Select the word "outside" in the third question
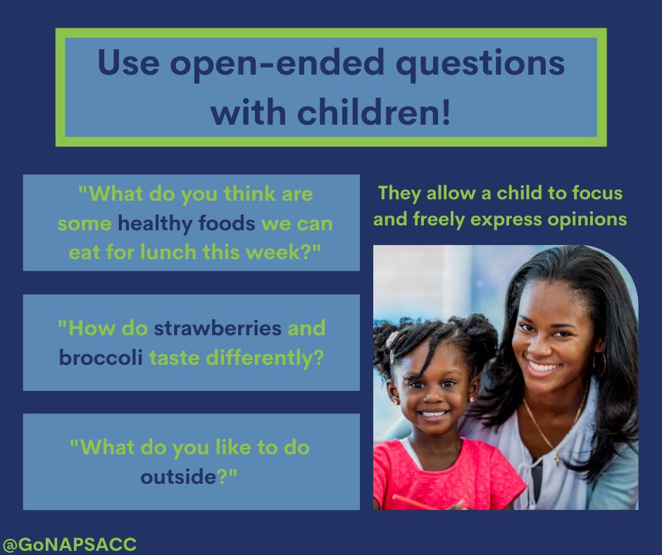[176, 476]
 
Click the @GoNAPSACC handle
[69, 544]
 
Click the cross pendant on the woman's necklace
[558, 459]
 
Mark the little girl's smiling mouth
[434, 414]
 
